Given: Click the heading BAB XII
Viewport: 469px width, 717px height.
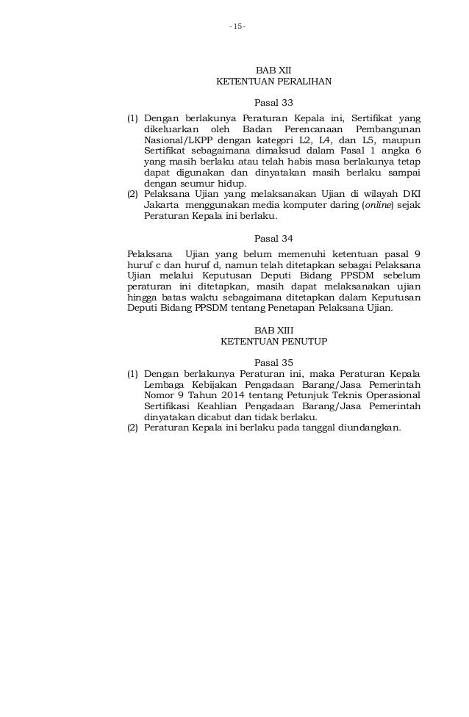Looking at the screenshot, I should [x=273, y=71].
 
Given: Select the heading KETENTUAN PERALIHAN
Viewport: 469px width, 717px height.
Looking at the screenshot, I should [x=273, y=83].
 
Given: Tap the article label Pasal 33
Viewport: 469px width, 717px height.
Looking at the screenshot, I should [x=273, y=103].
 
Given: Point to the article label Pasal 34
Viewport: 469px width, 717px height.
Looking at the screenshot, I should [x=273, y=238].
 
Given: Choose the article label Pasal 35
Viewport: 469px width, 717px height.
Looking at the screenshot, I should [x=273, y=362].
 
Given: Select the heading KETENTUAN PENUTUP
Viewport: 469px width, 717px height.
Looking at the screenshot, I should [x=273, y=342].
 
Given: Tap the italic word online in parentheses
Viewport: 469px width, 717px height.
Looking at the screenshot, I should [x=379, y=206].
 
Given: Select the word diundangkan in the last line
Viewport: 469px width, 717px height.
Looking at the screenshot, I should [x=369, y=428].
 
